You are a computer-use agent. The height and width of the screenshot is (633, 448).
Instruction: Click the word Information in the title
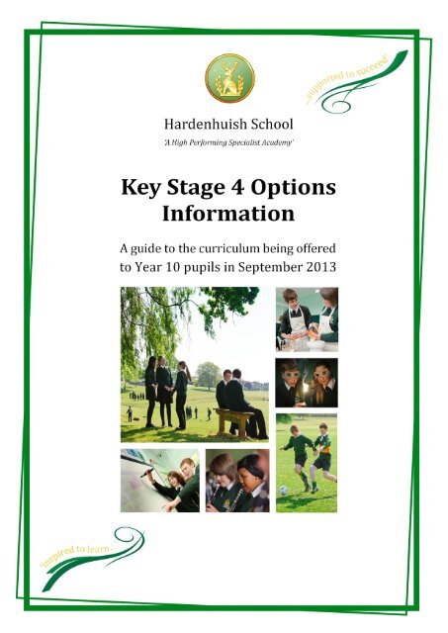click(x=228, y=213)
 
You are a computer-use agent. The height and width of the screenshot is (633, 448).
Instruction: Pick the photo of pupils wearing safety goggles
click(x=306, y=381)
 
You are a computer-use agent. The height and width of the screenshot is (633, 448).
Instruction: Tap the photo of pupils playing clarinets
click(x=236, y=480)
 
